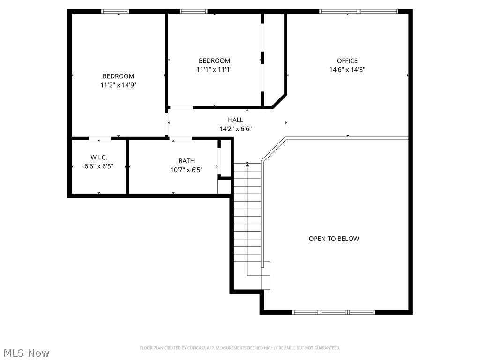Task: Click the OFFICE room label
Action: [x=347, y=60]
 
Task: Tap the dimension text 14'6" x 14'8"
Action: [x=347, y=69]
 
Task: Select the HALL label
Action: [x=235, y=120]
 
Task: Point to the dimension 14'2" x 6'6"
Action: [x=235, y=128]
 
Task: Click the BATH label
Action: [x=186, y=161]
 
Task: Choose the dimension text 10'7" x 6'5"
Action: [x=186, y=170]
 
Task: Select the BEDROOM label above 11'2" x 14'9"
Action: [x=118, y=76]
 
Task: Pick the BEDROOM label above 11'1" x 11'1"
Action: [x=214, y=60]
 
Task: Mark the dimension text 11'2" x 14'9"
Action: [x=118, y=85]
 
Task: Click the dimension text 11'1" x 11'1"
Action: [x=214, y=69]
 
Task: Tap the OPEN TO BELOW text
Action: [x=334, y=239]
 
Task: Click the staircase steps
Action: [x=247, y=220]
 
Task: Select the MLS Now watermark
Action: [x=26, y=352]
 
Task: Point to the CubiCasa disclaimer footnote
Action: [x=240, y=348]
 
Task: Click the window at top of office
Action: [x=359, y=11]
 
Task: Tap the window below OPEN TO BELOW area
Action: [x=334, y=312]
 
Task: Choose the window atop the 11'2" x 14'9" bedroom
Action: [x=116, y=11]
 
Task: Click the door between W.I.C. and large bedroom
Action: [x=100, y=138]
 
